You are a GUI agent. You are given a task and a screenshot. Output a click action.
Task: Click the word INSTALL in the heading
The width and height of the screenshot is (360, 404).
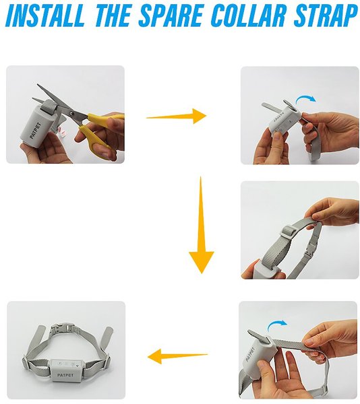45,15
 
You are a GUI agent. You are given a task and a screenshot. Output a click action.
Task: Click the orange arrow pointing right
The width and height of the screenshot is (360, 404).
177,116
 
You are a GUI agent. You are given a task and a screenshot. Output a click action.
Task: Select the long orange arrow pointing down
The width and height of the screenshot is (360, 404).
202,225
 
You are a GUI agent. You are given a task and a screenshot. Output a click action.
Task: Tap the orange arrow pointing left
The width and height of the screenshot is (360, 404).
177,356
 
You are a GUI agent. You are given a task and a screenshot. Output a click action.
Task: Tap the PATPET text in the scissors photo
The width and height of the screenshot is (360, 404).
35,131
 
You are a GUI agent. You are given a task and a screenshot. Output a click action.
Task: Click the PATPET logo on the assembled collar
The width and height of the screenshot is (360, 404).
65,375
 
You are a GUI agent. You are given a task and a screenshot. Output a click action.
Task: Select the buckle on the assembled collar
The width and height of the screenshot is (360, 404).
62,328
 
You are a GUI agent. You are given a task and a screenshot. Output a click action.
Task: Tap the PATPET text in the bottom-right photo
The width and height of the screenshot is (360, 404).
250,354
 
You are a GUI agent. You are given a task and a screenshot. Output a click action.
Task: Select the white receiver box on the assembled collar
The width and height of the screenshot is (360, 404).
65,370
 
